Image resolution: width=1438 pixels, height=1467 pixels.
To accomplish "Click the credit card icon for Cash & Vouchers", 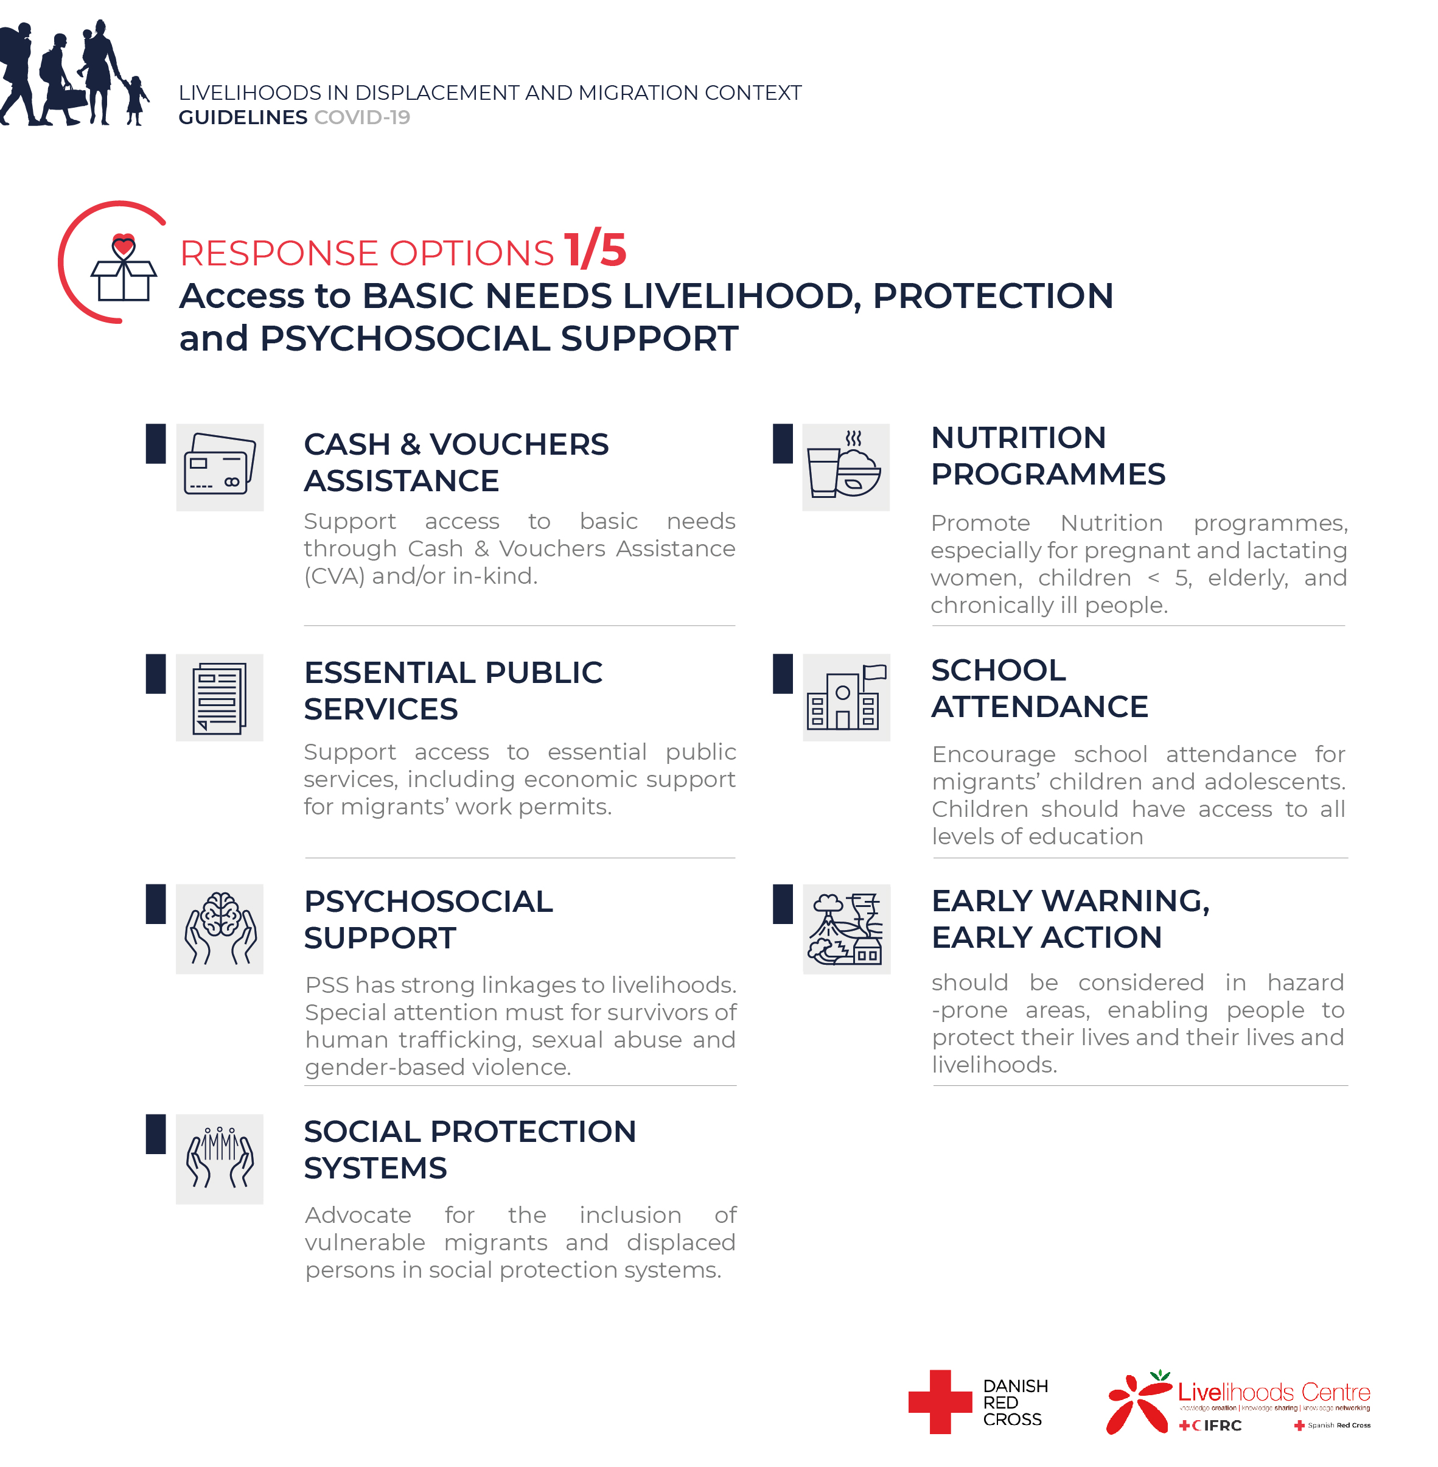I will click(x=219, y=467).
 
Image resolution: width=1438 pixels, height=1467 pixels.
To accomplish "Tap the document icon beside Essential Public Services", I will click(x=219, y=698).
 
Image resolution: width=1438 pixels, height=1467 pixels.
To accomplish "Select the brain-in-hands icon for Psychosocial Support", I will click(x=219, y=928).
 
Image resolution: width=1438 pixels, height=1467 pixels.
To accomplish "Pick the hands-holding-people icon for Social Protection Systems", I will click(x=219, y=1157).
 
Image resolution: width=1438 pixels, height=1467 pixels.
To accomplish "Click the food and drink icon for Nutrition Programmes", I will click(x=845, y=467).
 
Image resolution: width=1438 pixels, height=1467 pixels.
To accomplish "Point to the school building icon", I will click(x=846, y=698).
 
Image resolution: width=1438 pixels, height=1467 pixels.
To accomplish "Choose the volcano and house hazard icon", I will click(x=846, y=928).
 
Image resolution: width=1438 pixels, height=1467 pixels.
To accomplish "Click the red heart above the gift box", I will click(x=123, y=245).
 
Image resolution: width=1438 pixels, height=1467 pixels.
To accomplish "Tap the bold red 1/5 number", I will click(x=595, y=250).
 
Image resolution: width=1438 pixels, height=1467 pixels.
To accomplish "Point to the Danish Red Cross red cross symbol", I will click(x=940, y=1401).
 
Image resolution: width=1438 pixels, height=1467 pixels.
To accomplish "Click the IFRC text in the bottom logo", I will click(x=1222, y=1426).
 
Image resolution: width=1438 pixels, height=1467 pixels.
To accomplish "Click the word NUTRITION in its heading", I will click(x=1018, y=438).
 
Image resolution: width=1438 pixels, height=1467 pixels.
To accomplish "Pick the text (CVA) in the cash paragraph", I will click(x=334, y=576).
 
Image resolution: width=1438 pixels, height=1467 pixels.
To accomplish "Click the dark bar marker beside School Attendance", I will click(x=783, y=673).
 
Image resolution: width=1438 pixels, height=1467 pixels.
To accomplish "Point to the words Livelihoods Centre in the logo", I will click(x=1273, y=1392).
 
